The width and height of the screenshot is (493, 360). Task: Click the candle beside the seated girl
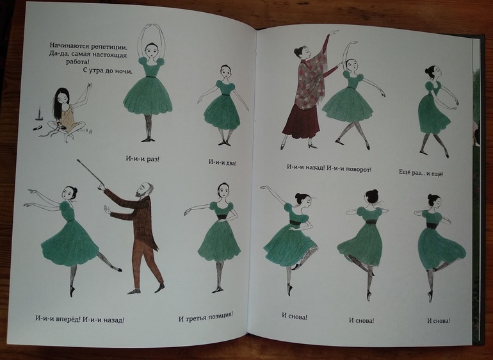pos(39,113)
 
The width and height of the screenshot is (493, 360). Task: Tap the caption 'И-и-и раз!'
pos(142,159)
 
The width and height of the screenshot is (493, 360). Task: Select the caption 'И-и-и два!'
pos(222,162)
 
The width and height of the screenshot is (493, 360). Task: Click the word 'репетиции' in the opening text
pos(106,47)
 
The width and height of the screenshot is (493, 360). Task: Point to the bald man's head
pos(145,190)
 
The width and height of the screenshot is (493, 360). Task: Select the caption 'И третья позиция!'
pos(206,316)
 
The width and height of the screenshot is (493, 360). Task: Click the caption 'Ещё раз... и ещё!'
pos(421,173)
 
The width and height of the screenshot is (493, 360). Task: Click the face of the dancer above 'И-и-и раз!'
pos(151,51)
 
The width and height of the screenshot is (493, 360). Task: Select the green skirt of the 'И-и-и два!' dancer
pos(222,113)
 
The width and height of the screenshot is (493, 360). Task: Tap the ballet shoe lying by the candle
pos(37,128)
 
